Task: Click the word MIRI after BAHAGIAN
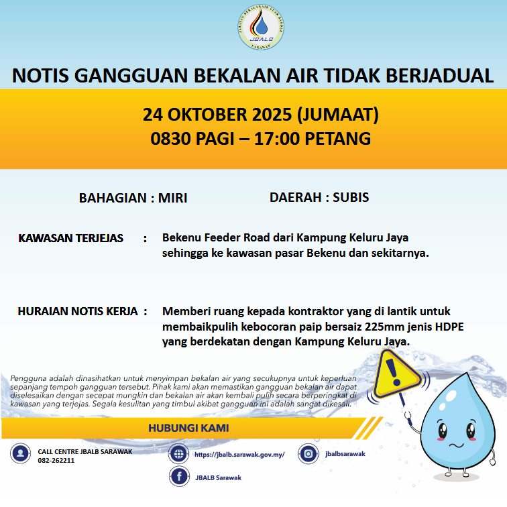(172, 198)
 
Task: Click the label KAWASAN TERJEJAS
(71, 238)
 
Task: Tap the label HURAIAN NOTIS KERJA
(77, 311)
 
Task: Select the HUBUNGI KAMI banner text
(188, 428)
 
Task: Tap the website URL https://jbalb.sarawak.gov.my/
(239, 454)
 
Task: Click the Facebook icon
(178, 477)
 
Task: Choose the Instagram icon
(308, 453)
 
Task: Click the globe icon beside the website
(178, 454)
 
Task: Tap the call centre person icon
(20, 454)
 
